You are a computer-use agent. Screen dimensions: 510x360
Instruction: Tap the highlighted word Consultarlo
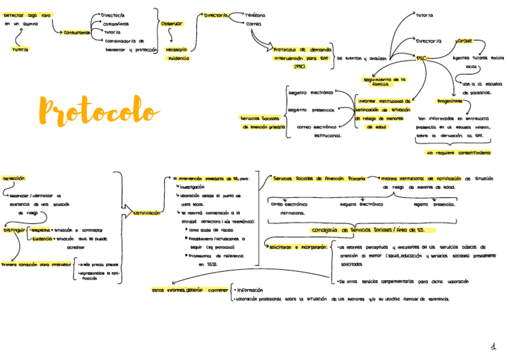coord(77,32)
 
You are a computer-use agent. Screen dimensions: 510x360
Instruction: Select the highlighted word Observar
coord(172,23)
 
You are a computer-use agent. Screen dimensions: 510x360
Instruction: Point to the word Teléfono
coord(255,15)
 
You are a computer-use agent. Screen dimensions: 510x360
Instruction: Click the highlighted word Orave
coord(464,41)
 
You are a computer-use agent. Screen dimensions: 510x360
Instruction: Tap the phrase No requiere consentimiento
coord(458,153)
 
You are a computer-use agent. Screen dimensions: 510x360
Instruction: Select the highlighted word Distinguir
coord(14,230)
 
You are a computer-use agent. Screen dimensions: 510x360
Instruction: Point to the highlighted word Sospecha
coord(41,230)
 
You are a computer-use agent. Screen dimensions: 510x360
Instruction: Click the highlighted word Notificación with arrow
coord(147,213)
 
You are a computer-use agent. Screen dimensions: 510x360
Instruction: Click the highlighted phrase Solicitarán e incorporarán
coord(298,247)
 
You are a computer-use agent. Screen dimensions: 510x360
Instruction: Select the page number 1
coord(493,347)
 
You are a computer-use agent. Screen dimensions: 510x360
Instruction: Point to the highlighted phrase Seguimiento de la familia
coord(385,82)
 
